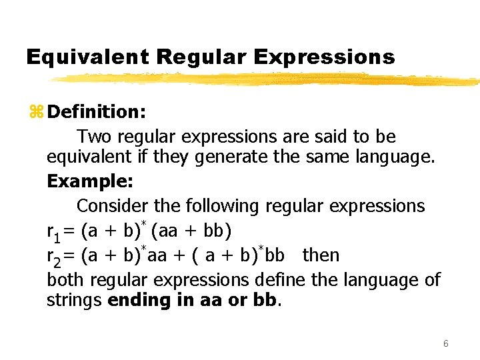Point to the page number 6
[445, 343]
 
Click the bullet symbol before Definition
[36, 111]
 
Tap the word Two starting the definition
[94, 137]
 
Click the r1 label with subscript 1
[53, 233]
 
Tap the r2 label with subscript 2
[53, 257]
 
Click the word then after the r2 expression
[321, 255]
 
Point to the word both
[65, 279]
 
